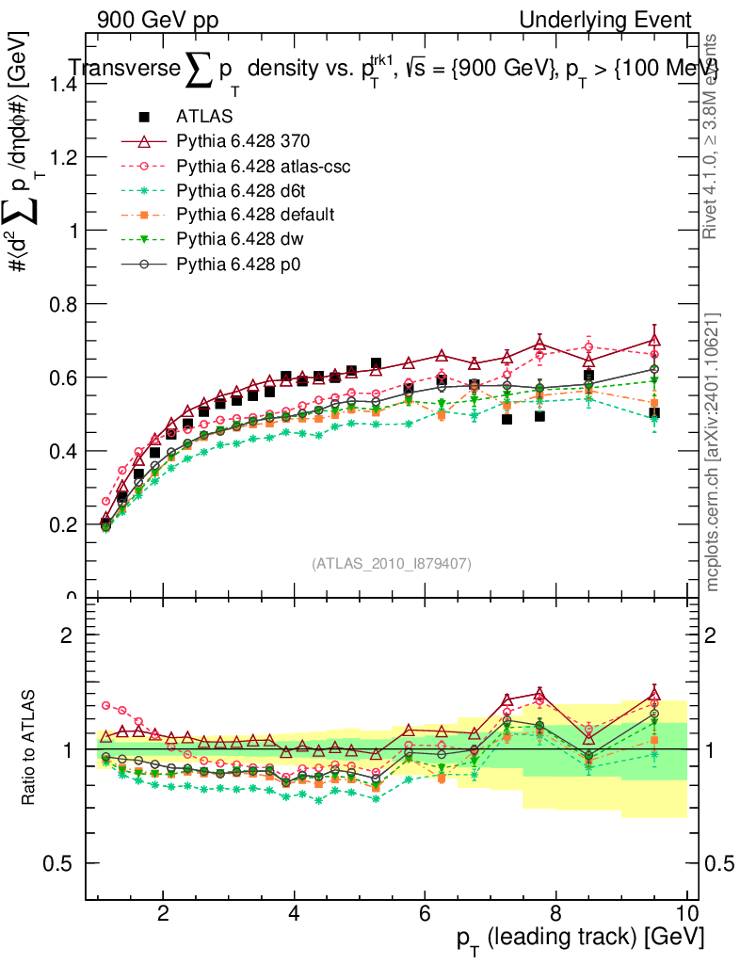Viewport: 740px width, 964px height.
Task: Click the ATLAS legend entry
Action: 198,117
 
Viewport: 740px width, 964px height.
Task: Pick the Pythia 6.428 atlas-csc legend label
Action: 264,167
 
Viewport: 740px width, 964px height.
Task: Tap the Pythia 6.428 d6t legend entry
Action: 241,191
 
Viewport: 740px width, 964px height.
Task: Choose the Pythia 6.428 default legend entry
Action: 255,216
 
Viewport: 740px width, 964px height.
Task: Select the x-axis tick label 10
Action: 686,913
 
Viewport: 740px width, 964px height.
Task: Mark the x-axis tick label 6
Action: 425,913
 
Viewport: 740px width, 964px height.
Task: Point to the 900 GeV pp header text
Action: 157,20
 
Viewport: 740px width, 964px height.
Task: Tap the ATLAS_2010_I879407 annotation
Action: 392,563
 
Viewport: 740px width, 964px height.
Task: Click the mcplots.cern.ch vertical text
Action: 713,452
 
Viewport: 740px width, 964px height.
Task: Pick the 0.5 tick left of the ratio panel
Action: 66,863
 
